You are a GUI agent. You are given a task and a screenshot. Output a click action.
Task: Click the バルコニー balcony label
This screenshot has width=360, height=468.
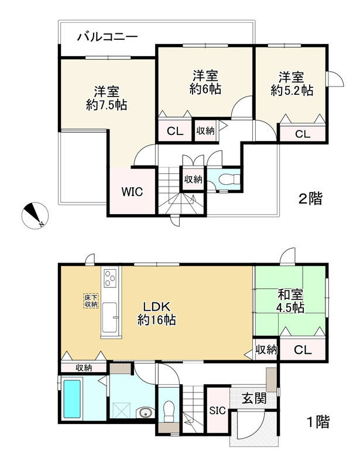click(x=108, y=37)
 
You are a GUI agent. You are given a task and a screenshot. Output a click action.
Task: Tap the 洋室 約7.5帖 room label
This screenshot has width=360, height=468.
click(x=107, y=98)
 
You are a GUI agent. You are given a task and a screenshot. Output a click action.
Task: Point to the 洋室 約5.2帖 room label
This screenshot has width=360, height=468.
click(x=291, y=84)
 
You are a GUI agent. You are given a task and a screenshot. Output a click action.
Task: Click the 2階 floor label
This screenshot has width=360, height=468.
click(x=310, y=199)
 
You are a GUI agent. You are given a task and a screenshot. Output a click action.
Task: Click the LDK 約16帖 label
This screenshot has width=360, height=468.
click(x=157, y=313)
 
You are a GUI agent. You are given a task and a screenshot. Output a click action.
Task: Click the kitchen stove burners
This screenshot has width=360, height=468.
click(x=111, y=280)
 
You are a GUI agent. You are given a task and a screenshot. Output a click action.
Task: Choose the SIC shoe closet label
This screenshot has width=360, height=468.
click(x=217, y=409)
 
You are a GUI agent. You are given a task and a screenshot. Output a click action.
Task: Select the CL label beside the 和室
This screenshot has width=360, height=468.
click(x=303, y=350)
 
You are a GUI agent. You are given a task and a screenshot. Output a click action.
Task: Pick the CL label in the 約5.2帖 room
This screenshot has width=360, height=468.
click(x=301, y=134)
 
